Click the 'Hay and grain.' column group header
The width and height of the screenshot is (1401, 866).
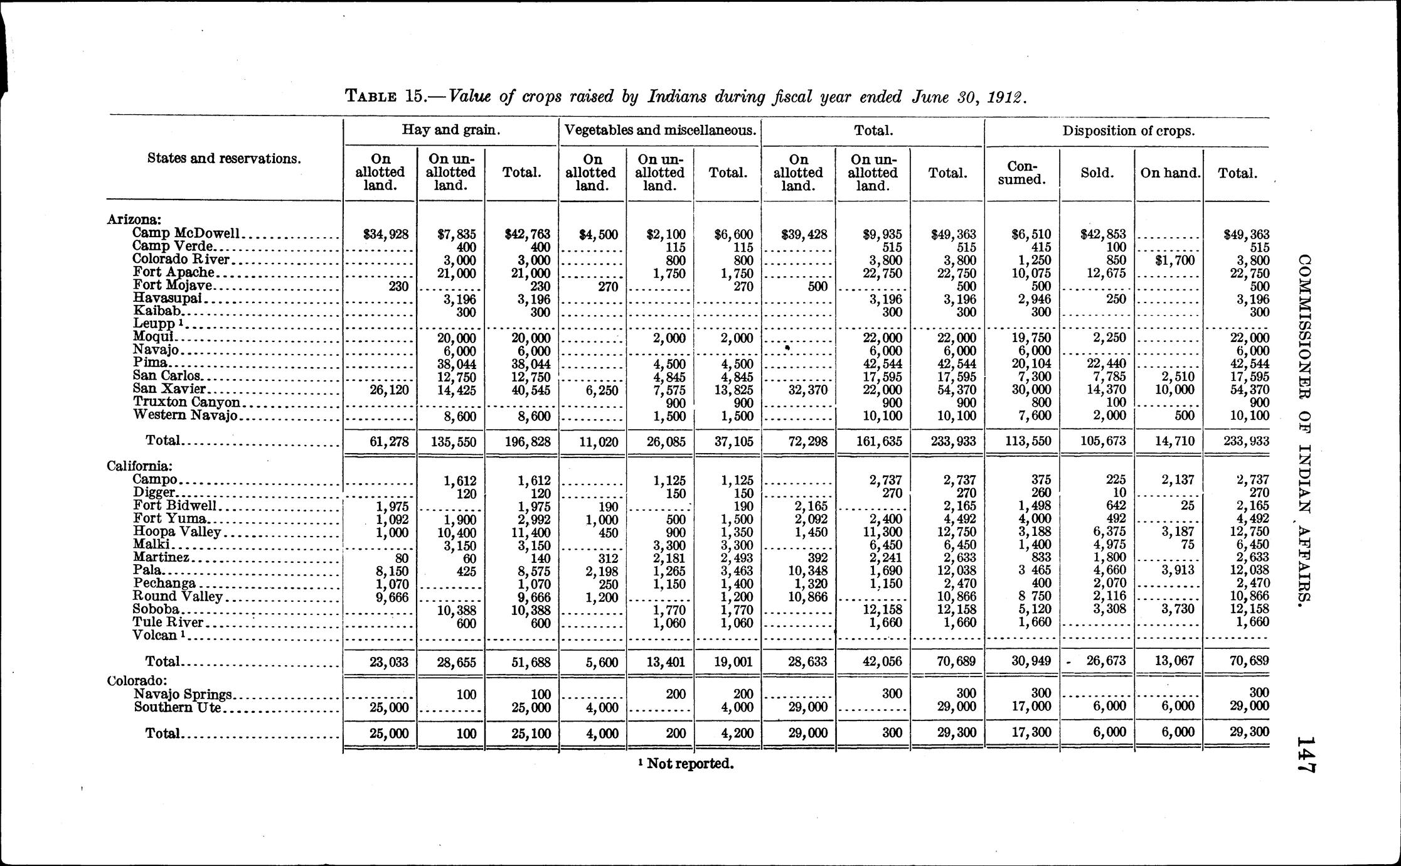tap(451, 131)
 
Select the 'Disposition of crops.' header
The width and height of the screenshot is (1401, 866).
tap(1128, 131)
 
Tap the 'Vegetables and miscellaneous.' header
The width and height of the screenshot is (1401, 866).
tap(659, 131)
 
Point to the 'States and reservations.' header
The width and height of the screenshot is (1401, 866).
tap(224, 158)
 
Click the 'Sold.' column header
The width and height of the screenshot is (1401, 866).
tap(1097, 173)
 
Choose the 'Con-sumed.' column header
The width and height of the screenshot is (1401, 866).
tap(1022, 173)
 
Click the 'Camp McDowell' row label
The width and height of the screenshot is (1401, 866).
tap(186, 233)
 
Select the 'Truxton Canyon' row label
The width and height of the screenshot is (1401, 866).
tap(186, 402)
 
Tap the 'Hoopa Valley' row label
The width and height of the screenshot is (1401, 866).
tap(177, 532)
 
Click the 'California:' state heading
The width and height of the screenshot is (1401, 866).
tap(139, 466)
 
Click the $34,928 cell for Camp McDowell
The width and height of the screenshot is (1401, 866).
tap(386, 235)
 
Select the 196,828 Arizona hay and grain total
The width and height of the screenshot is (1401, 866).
tap(527, 442)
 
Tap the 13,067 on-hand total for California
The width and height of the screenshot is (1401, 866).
tap(1174, 661)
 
